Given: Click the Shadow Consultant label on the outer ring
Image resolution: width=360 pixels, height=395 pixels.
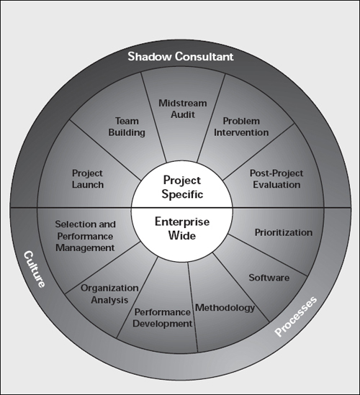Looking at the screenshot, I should [x=181, y=56].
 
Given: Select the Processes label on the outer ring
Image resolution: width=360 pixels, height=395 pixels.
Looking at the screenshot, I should [x=298, y=320].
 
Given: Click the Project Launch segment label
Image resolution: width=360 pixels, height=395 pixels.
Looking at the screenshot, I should [x=88, y=179].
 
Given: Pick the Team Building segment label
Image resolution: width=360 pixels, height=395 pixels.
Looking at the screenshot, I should [x=130, y=127].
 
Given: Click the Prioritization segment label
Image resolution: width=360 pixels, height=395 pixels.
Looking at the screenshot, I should [x=284, y=232].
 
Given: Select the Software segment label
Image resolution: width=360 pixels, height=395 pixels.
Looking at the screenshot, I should [x=269, y=277].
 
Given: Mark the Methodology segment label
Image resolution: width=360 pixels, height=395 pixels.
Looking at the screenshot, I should [x=225, y=308].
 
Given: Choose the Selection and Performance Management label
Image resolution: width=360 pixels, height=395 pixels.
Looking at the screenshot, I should [x=85, y=236].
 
